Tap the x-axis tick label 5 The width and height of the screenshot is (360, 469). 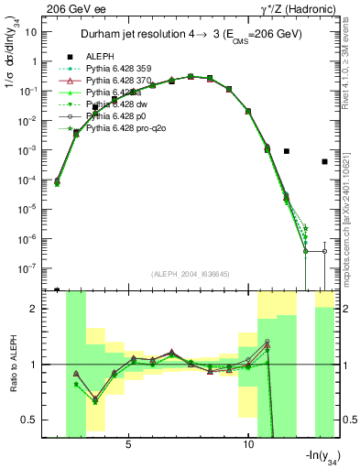128,444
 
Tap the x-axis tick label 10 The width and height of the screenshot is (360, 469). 248,444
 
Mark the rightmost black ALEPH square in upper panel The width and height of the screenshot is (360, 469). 325,162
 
